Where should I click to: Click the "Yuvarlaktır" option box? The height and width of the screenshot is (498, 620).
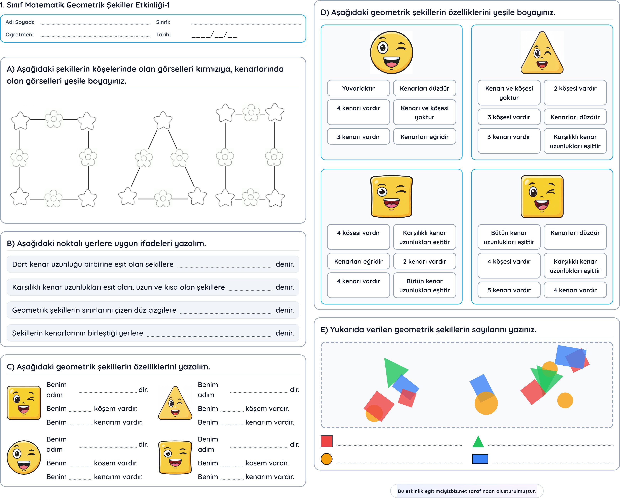tap(358, 88)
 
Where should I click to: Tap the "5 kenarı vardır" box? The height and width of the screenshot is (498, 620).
tap(509, 290)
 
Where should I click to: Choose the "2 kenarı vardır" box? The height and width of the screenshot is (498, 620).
tap(425, 261)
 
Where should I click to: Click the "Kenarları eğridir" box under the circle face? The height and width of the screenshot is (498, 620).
tap(425, 137)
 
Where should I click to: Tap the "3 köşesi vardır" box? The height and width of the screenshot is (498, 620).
tap(509, 117)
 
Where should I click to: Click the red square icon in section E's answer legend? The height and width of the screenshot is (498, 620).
tap(326, 441)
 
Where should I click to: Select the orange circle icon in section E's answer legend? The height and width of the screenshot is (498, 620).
tap(326, 459)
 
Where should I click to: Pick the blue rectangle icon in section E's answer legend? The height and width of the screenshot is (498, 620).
tap(480, 459)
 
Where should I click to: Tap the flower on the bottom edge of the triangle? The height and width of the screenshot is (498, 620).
tap(163, 198)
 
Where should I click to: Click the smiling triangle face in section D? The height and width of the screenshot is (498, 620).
tap(542, 52)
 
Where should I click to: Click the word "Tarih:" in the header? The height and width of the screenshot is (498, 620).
tap(163, 34)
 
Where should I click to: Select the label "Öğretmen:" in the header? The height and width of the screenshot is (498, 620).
tap(19, 34)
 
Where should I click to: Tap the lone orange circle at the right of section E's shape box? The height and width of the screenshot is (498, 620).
tap(565, 400)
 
